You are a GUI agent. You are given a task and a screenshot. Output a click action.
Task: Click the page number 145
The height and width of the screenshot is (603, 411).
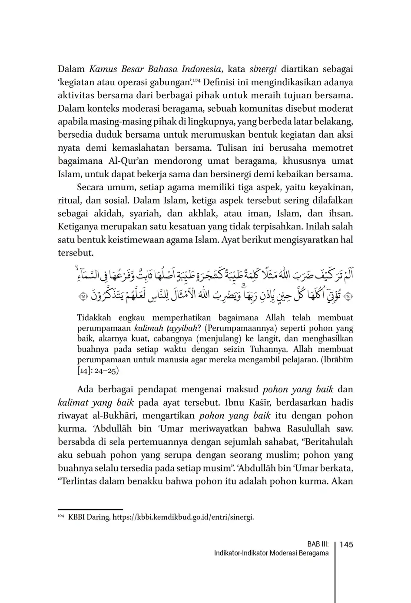tap(346, 544)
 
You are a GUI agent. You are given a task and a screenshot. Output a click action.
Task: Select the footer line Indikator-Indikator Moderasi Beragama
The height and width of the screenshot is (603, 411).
tap(271, 553)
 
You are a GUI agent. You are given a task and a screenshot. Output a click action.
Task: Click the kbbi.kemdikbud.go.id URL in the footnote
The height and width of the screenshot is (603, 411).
tap(183, 517)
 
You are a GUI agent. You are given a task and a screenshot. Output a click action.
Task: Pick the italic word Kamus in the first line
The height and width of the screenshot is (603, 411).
tap(103, 69)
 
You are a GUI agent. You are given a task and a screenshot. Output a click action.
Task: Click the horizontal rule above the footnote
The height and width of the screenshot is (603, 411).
tap(90, 509)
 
